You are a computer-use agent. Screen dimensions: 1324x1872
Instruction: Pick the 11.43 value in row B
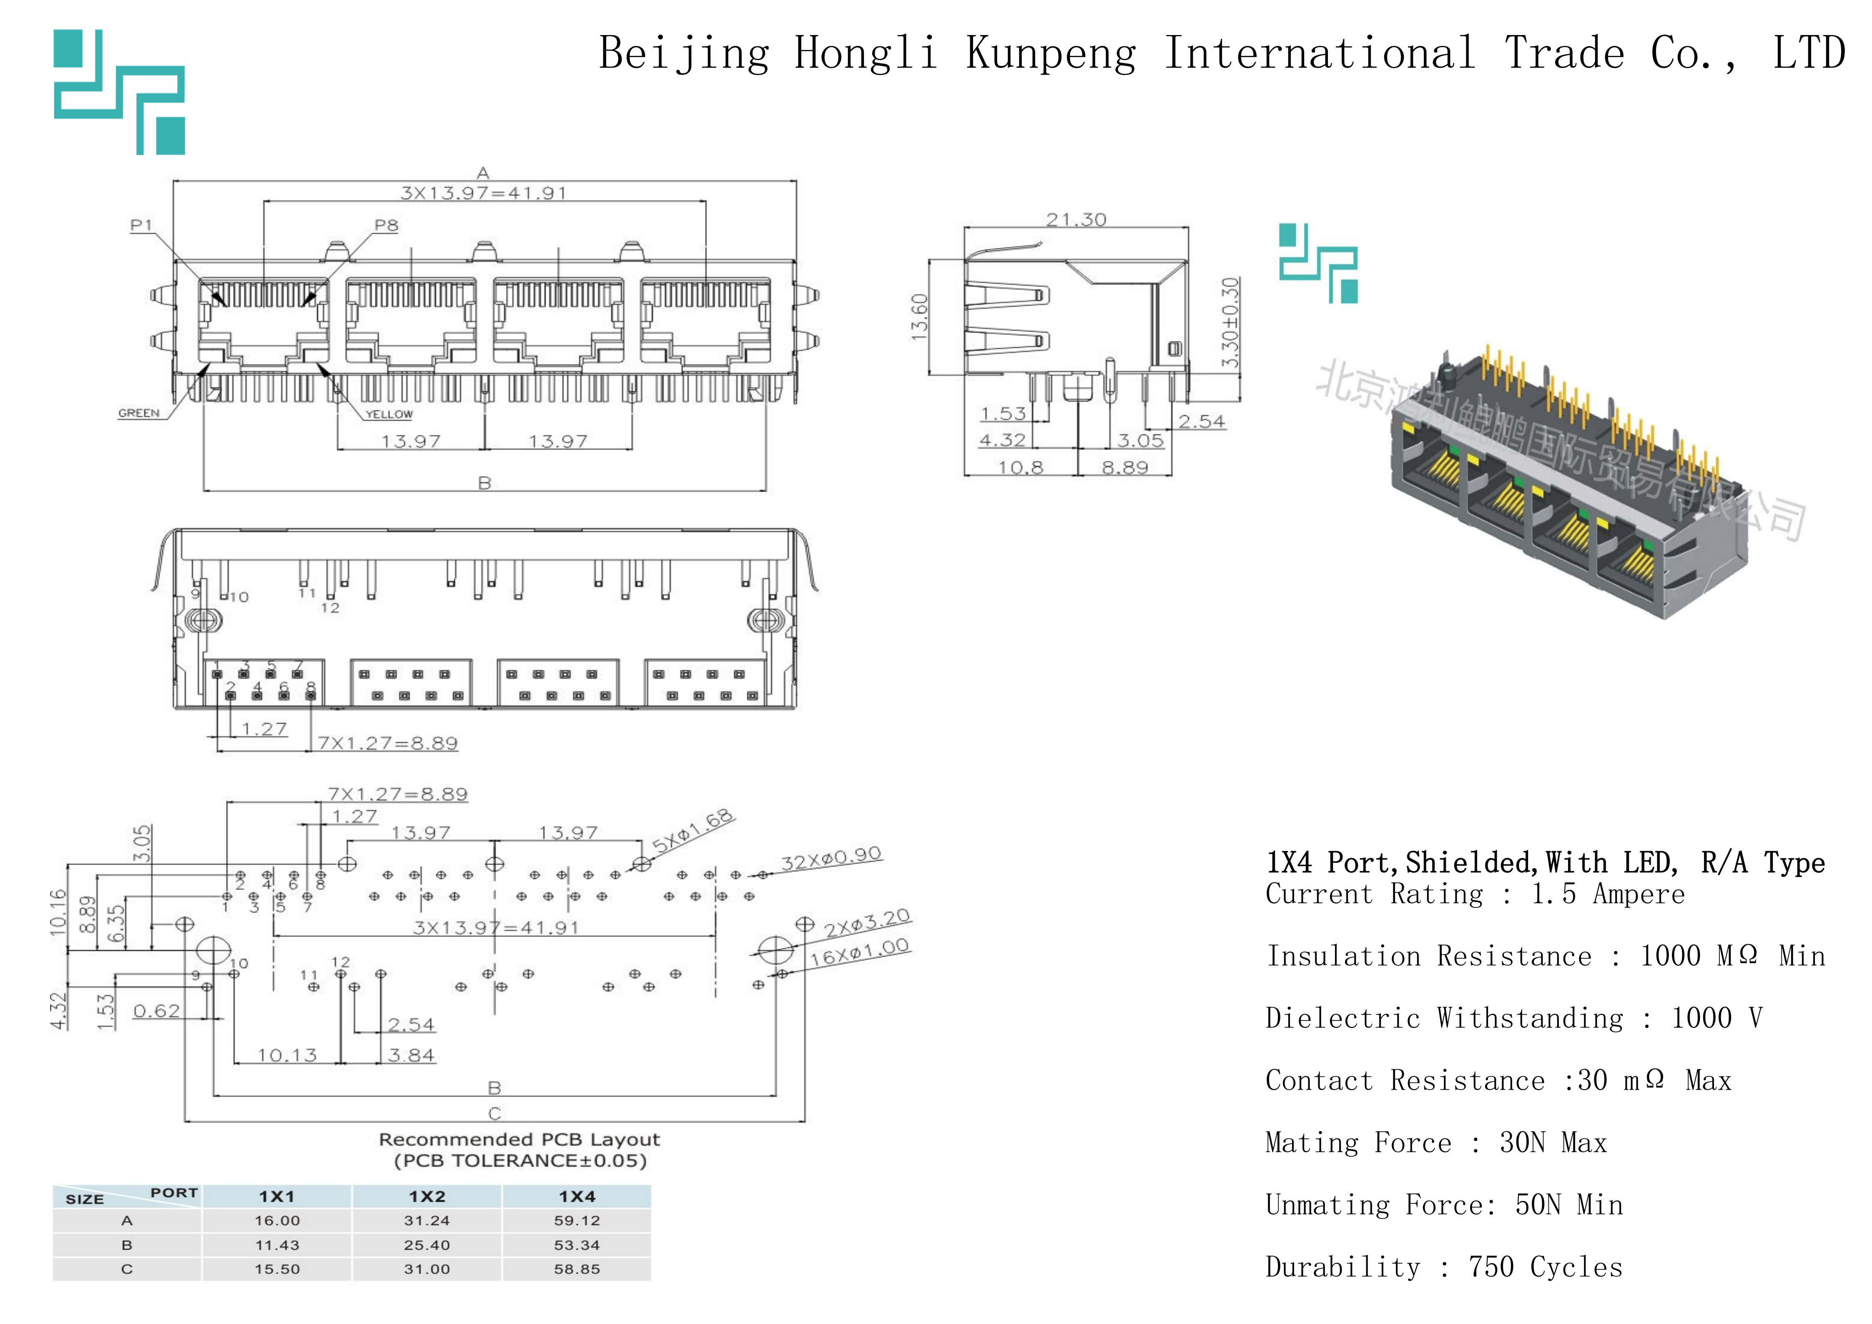(277, 1245)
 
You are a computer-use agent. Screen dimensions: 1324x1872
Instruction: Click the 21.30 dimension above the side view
(1076, 219)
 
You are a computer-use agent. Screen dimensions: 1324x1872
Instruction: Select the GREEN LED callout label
(138, 413)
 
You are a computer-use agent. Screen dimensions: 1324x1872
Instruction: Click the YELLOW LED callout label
(389, 414)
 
